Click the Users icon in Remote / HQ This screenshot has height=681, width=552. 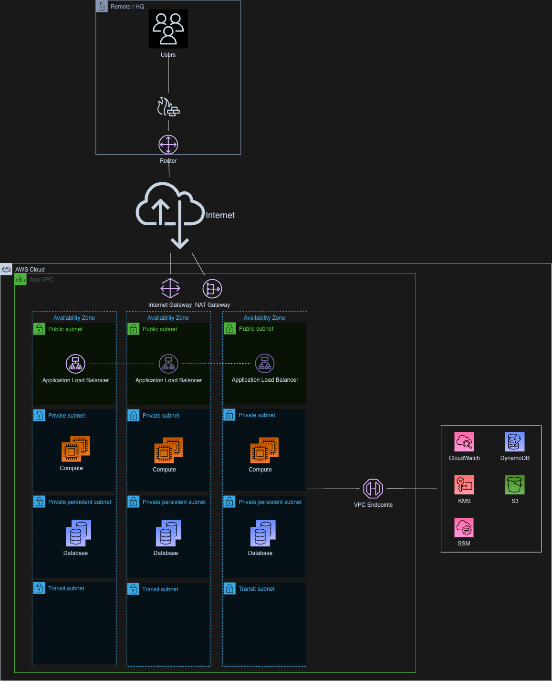coord(168,29)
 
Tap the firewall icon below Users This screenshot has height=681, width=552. coord(168,107)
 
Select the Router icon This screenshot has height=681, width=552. coord(168,145)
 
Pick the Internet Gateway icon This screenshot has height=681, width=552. coord(170,288)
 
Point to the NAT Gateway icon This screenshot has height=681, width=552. coord(212,289)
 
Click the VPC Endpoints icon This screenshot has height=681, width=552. coord(373,489)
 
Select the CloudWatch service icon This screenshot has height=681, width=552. coord(464,442)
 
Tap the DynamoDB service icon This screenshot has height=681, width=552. coord(515,442)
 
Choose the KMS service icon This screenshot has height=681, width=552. coord(464,485)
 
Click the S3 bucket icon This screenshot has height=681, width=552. coord(515,485)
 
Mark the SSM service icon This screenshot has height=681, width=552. coord(464,527)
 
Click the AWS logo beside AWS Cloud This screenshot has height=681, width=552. coord(6,269)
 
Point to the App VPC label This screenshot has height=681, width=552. coord(42,280)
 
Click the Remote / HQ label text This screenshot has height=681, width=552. coord(127,7)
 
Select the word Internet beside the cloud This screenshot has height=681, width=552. coord(220,215)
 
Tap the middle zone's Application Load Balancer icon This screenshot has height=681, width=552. coord(168,364)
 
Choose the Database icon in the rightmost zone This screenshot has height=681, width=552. coord(263,534)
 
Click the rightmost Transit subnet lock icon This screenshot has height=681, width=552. coord(229,588)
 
